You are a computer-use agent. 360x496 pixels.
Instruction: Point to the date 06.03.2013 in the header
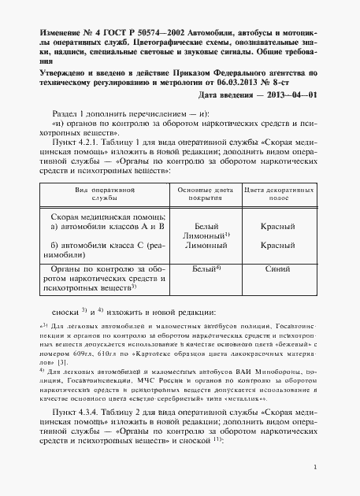(243, 81)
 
